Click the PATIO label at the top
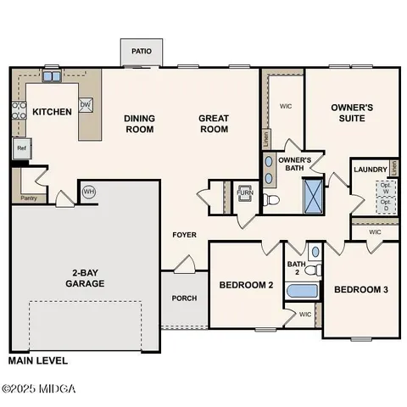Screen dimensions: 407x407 [142, 52]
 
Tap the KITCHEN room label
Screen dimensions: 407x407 [52, 112]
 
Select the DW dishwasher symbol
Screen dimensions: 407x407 [86, 104]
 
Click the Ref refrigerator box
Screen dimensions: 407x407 [21, 148]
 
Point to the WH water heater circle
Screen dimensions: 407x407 [88, 192]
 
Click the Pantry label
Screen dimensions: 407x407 [27, 199]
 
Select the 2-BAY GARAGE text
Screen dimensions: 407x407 [83, 278]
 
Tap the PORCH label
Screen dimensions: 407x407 [184, 298]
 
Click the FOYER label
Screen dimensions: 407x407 [184, 234]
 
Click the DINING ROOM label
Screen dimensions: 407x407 [139, 124]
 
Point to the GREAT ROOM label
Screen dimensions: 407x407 [214, 124]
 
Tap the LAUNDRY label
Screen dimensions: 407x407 [370, 169]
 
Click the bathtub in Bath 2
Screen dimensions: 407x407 [302, 293]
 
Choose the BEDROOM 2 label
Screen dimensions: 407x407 [246, 286]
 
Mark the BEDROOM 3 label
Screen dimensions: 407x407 [360, 290]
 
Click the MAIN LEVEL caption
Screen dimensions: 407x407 [37, 360]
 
